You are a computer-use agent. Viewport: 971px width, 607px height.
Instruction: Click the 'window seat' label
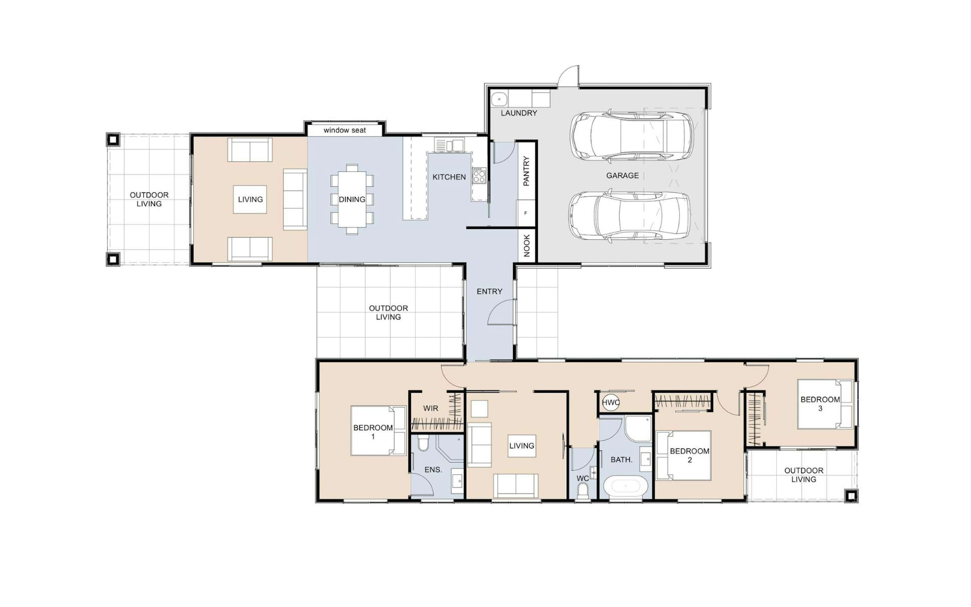345,130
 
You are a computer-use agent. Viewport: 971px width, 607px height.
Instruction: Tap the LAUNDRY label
519,113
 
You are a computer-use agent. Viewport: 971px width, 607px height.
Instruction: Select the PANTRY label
526,171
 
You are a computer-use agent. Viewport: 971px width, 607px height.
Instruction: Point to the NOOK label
527,246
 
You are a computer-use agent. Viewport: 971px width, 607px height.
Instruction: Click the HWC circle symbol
611,403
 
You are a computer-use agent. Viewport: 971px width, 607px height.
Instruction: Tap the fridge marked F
526,213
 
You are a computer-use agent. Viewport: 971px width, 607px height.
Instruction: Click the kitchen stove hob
479,176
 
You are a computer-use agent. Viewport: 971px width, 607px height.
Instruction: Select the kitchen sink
449,145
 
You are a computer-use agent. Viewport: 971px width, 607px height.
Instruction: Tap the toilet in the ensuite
423,443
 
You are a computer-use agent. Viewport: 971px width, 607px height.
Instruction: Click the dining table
352,199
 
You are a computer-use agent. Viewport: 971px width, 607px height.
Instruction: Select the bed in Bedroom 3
825,404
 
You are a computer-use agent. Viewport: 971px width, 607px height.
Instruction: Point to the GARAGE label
622,176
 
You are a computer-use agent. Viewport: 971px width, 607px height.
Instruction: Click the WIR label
430,408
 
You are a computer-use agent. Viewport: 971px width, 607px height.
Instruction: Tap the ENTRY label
489,291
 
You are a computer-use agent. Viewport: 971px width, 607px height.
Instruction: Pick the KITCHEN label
449,177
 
